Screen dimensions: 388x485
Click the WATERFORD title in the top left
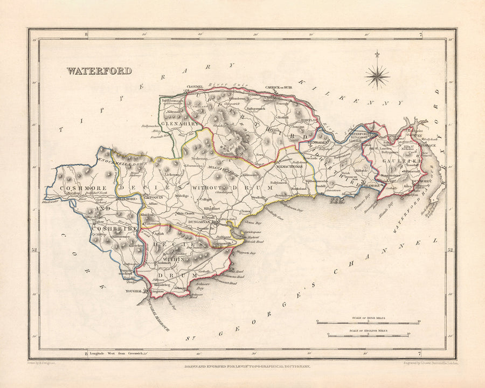[x=99, y=71]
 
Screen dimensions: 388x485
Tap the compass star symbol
[x=377, y=76]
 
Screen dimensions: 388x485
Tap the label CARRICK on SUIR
[x=278, y=87]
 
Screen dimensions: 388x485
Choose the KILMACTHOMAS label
[x=295, y=167]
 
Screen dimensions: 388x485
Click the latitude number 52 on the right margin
[x=451, y=250]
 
